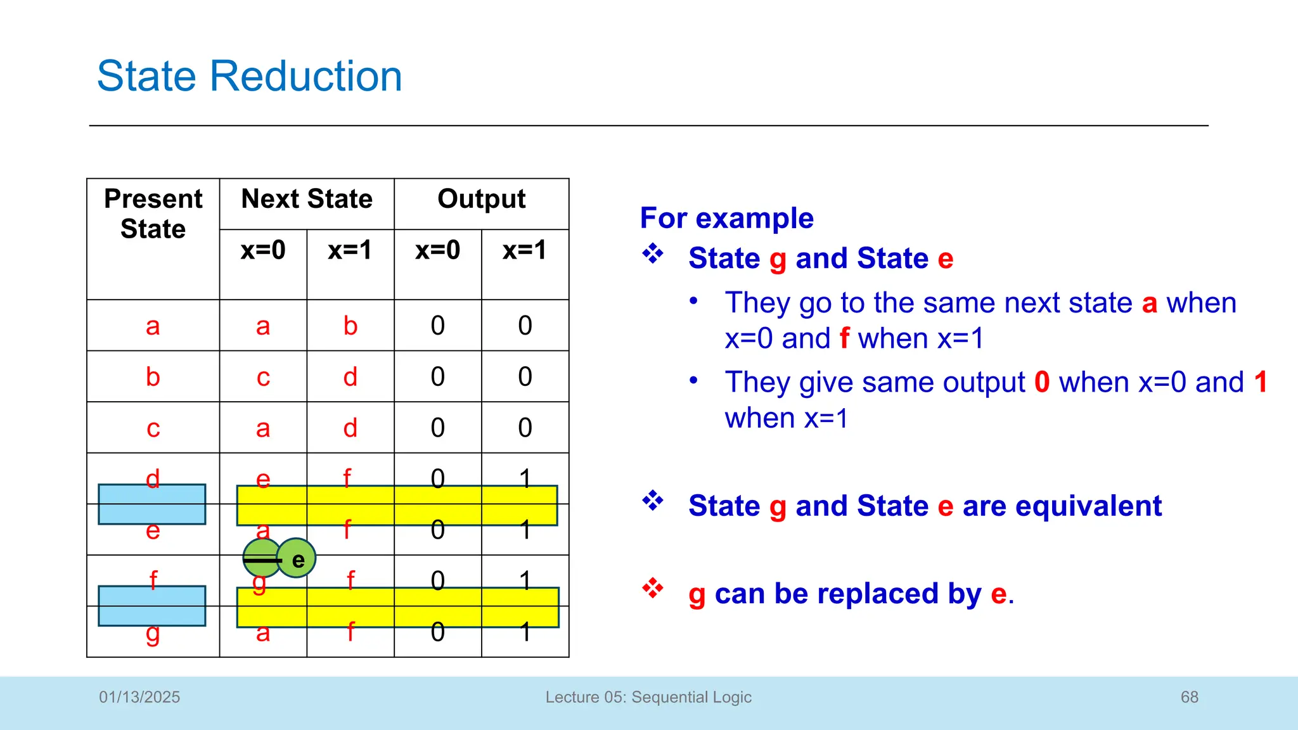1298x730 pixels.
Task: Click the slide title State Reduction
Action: point(249,76)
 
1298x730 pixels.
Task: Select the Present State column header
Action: point(153,214)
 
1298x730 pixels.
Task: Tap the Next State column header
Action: point(307,199)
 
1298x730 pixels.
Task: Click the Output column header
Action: point(481,199)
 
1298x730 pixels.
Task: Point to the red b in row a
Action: point(350,326)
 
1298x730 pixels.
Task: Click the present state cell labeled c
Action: point(153,428)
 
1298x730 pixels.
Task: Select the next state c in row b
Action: point(263,377)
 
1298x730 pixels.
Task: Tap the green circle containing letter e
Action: point(297,559)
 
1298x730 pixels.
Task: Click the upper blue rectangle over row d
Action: point(152,504)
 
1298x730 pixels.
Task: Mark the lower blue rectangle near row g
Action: point(152,606)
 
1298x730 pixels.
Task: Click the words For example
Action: point(726,218)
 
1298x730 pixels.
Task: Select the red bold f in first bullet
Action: point(844,338)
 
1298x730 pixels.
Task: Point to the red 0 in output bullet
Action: point(1042,382)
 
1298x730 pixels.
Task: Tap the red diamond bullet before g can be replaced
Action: point(652,588)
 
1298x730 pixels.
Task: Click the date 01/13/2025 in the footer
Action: point(139,697)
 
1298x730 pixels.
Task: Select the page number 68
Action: point(1189,697)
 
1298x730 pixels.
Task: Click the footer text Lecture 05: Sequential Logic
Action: point(648,697)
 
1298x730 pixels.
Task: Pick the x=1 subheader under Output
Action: point(524,250)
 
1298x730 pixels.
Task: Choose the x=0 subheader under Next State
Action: point(263,250)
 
